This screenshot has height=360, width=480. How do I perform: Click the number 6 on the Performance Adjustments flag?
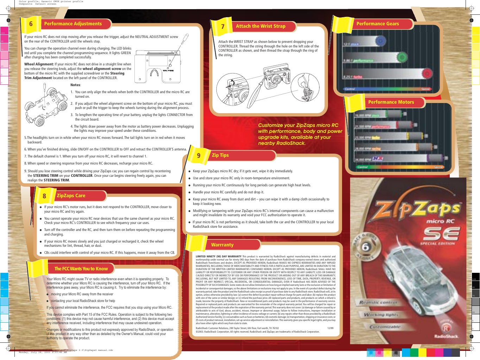(x=31, y=24)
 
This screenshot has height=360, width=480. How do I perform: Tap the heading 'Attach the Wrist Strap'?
(x=260, y=26)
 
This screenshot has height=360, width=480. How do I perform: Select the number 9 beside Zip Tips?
(x=199, y=155)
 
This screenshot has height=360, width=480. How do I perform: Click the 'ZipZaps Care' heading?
(x=71, y=195)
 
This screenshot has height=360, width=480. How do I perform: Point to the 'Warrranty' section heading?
(x=222, y=245)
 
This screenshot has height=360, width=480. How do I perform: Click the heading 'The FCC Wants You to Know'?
(x=81, y=269)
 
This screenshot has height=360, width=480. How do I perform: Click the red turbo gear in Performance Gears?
(x=427, y=73)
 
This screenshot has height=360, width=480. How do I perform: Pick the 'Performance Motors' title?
(x=391, y=102)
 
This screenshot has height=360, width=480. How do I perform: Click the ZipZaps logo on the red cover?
(x=417, y=210)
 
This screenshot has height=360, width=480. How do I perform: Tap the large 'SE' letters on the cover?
(x=441, y=233)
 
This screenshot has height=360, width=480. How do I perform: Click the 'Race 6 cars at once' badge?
(x=366, y=247)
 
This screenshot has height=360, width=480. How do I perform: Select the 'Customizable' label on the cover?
(x=385, y=327)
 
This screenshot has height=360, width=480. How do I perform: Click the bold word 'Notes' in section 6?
(x=75, y=85)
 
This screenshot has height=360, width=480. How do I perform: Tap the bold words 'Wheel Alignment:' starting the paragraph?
(x=39, y=64)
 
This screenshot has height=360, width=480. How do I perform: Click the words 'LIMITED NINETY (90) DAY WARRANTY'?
(x=219, y=256)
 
